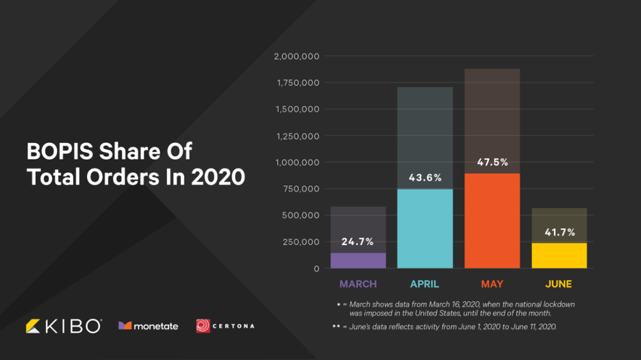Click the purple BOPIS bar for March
point(358,260)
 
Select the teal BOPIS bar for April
point(425,229)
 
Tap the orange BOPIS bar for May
point(492,220)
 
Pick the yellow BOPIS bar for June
point(559,255)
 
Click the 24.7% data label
point(357,242)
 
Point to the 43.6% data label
point(425,177)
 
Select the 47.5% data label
point(492,162)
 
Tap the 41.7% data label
point(559,233)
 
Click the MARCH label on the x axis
point(358,283)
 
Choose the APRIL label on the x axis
point(425,283)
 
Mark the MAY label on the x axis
point(492,283)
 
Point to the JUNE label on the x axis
point(559,283)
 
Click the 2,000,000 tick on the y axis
point(297,56)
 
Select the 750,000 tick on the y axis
point(301,189)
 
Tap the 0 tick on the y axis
point(316,268)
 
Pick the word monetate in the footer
point(155,326)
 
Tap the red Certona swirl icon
point(203,326)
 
